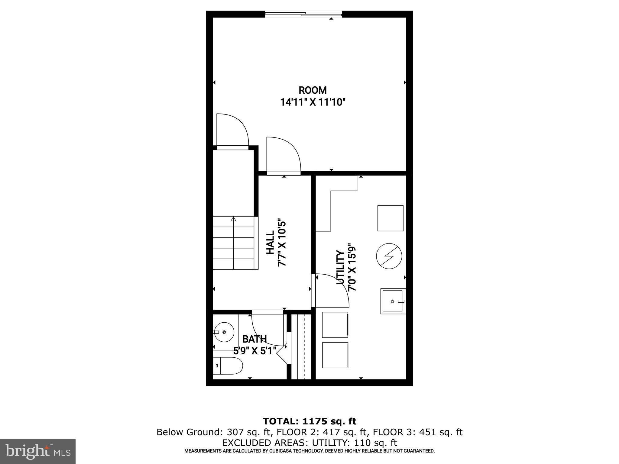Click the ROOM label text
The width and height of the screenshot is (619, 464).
(313, 90)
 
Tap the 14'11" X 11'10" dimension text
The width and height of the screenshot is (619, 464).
(313, 102)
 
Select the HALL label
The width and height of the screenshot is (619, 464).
(270, 242)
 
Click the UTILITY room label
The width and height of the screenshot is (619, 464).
(340, 268)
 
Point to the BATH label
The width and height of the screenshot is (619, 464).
(254, 339)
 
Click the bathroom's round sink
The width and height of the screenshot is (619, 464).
(224, 332)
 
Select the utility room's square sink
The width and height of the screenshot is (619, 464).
(393, 301)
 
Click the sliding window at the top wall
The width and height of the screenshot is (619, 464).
(303, 14)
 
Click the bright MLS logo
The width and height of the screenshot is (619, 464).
(38, 452)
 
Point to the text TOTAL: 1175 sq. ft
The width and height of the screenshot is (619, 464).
(309, 421)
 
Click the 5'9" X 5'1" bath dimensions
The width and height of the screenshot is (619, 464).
(255, 351)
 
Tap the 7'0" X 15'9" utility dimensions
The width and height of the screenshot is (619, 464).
(352, 268)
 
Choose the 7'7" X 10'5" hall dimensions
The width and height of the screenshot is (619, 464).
(282, 242)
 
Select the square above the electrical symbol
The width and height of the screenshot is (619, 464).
(390, 218)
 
